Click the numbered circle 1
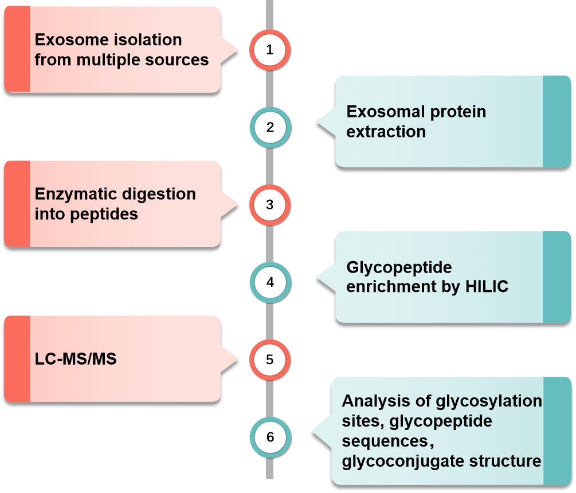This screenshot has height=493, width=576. pos(270,50)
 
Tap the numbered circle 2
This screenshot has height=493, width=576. pos(270,127)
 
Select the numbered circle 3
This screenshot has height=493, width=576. pos(270,205)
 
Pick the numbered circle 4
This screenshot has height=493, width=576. pos(270,282)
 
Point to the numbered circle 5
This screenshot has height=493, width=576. pos(270,360)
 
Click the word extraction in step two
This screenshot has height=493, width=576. pos(386,132)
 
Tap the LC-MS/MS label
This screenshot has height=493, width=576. pos(76,360)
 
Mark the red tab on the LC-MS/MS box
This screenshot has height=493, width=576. pos(17,358)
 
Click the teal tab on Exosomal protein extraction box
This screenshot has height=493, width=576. pos(556,121)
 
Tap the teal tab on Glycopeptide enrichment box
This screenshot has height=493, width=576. pos(556,276)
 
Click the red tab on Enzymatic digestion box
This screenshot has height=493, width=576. pos(17,203)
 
